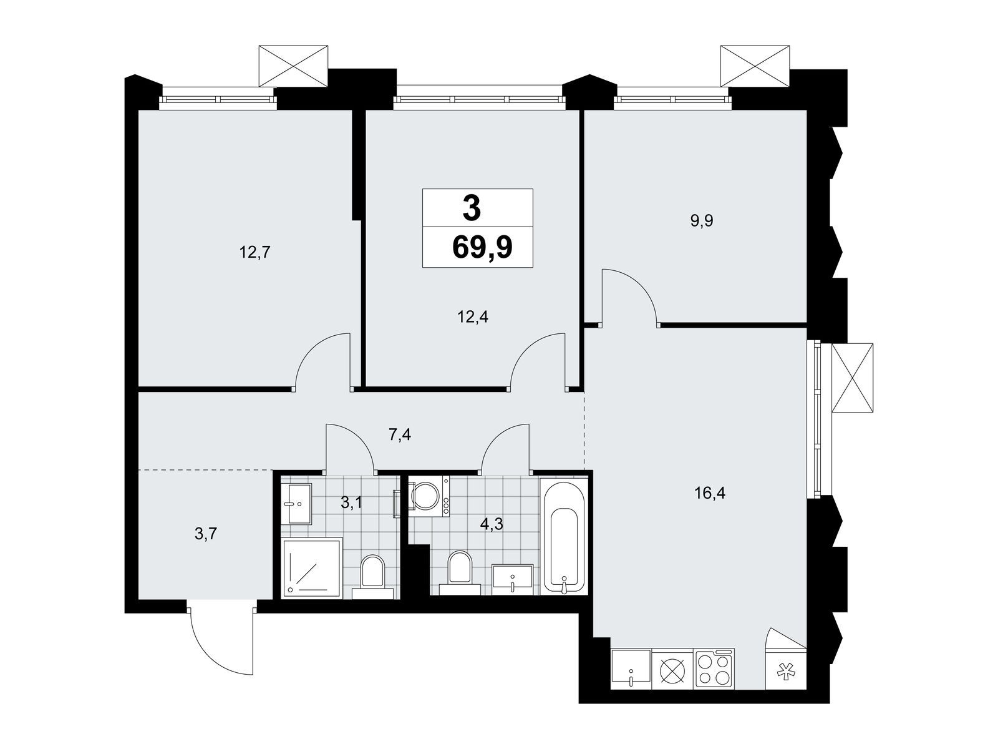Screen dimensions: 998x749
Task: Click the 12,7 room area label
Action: click(x=255, y=252)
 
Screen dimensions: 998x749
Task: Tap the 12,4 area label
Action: click(x=473, y=316)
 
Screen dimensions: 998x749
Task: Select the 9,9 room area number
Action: click(x=702, y=221)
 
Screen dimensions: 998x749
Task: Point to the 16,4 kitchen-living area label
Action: click(x=710, y=493)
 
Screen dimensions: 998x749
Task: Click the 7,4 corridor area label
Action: click(x=400, y=435)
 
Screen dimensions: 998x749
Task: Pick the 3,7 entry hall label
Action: click(x=205, y=534)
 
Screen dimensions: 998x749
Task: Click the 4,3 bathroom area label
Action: click(x=492, y=524)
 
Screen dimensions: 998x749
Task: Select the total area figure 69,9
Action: click(x=482, y=247)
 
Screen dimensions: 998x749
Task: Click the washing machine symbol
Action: click(x=429, y=496)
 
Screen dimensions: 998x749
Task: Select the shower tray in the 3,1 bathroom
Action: click(x=312, y=567)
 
